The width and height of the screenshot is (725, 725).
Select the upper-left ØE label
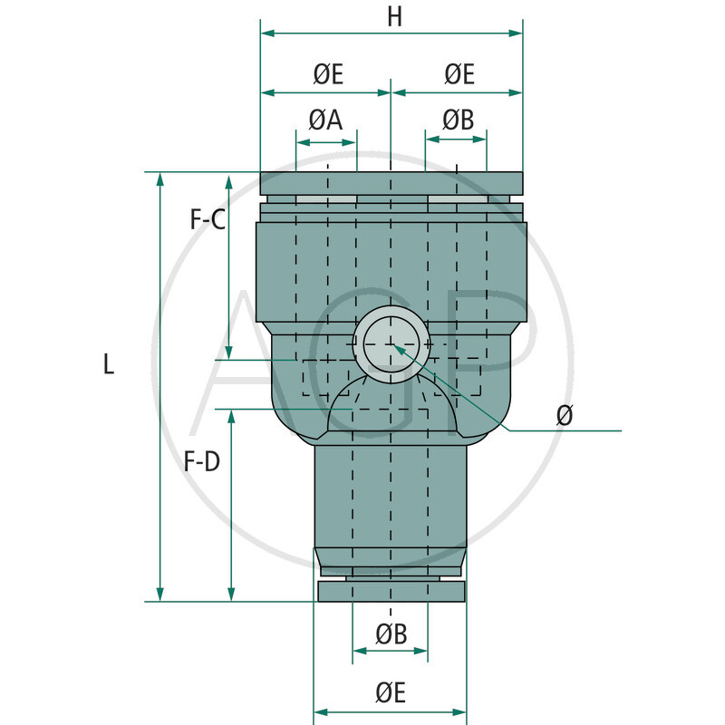(x=328, y=74)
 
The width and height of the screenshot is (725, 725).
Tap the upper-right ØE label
(x=459, y=74)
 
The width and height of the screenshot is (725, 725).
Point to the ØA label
(x=325, y=120)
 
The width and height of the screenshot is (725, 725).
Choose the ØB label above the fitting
(x=458, y=120)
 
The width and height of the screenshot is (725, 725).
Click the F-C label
(x=208, y=218)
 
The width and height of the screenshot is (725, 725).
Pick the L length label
(x=109, y=365)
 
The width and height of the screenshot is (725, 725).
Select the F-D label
(x=201, y=462)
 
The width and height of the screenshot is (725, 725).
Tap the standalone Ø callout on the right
(x=565, y=415)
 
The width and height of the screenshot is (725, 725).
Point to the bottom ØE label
(x=391, y=693)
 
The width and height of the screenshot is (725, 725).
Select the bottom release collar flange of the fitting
(x=391, y=592)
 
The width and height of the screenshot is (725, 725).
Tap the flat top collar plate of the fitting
(x=391, y=182)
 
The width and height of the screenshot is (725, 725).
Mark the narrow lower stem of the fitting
(x=391, y=498)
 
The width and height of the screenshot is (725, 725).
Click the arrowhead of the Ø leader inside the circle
(x=396, y=349)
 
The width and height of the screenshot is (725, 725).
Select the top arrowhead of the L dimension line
(x=161, y=178)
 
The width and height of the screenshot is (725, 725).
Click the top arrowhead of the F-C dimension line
(x=228, y=178)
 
